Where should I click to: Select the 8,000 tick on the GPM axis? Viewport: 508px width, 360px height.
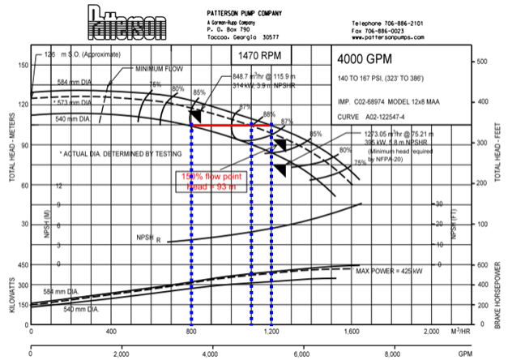point(391,355)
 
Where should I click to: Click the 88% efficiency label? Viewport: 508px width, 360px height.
point(270,115)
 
